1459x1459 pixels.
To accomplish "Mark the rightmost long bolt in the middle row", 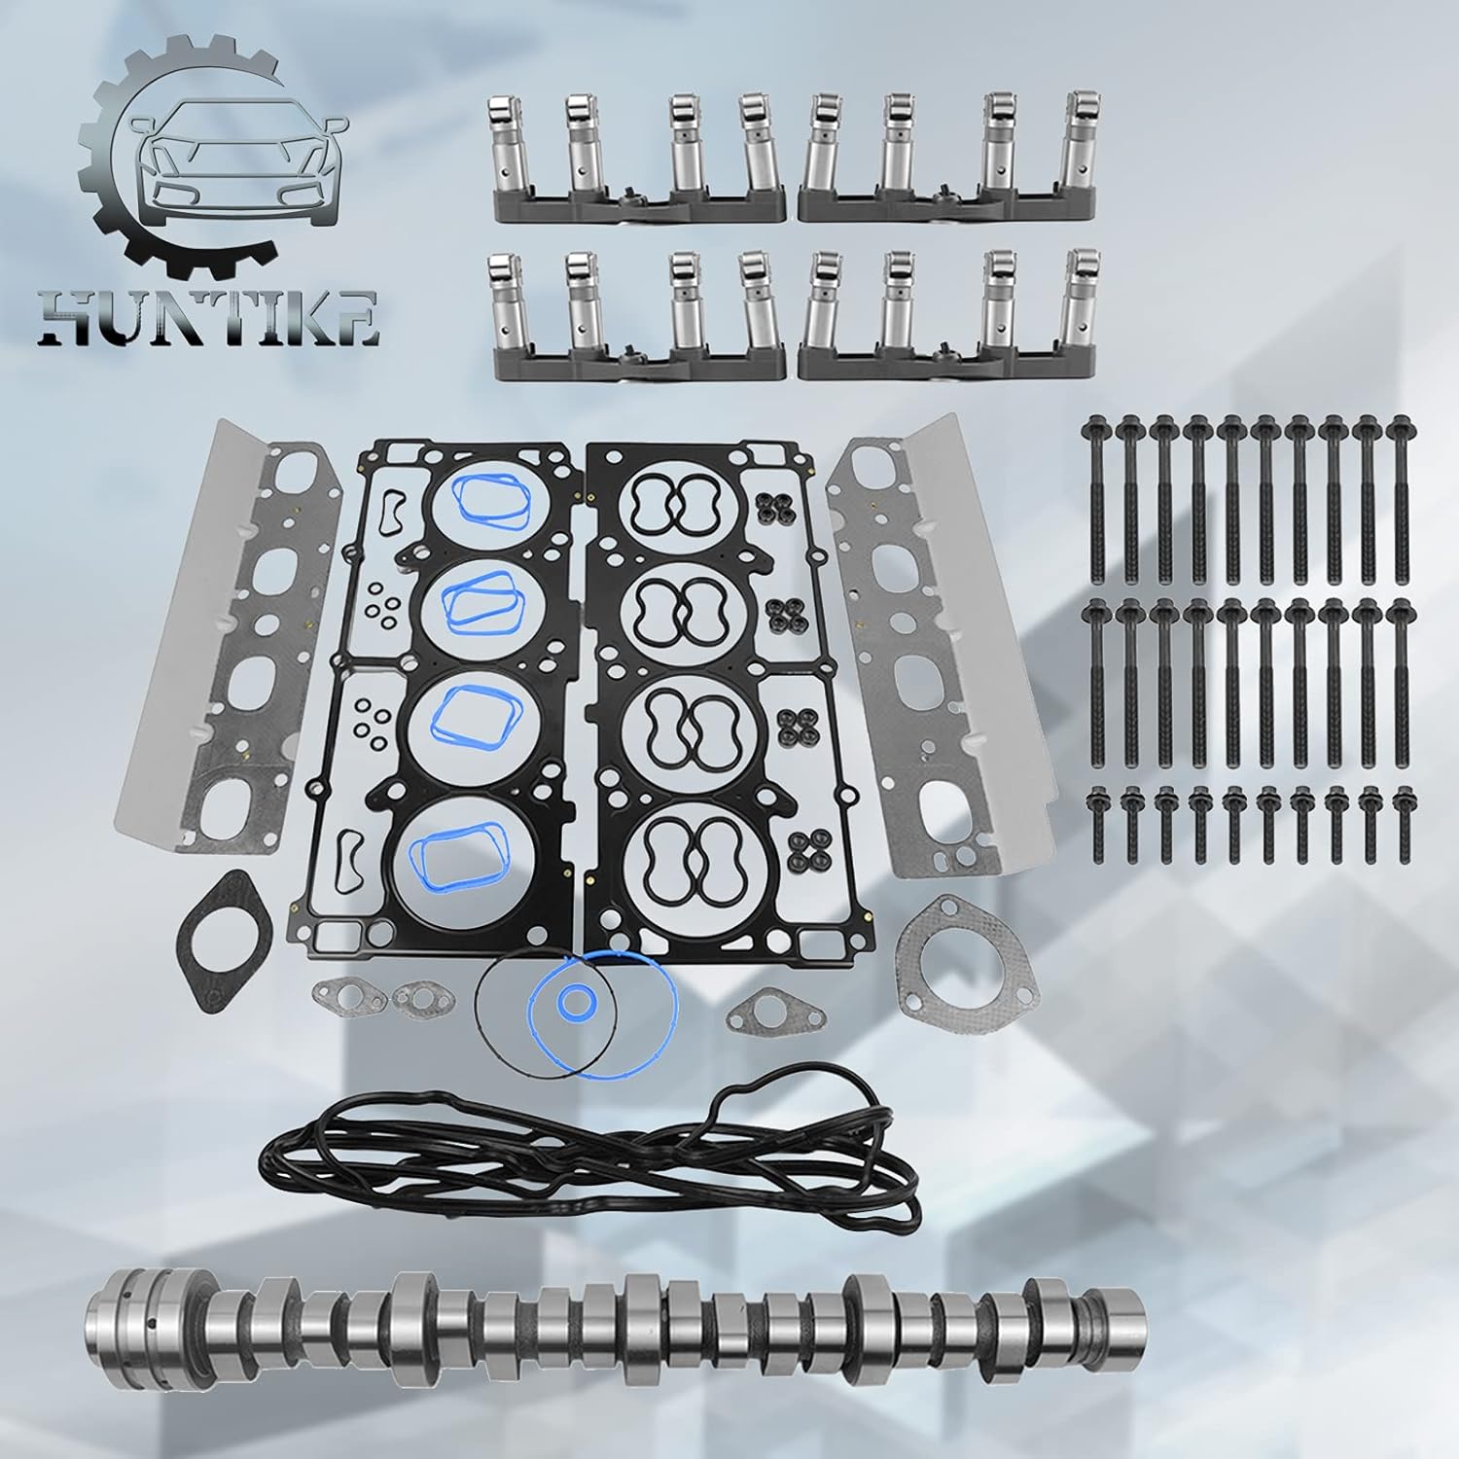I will tap(1402, 671).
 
